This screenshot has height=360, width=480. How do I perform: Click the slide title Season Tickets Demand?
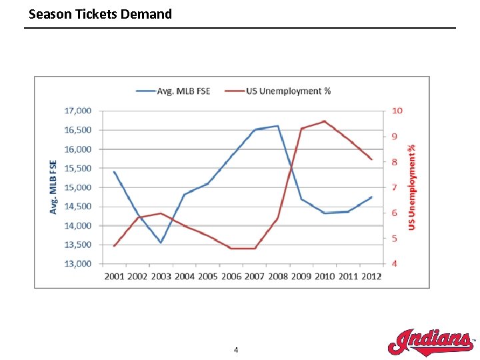click(x=100, y=14)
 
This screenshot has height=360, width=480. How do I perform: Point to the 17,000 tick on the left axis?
click(x=78, y=111)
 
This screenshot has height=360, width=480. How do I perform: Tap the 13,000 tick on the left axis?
click(x=78, y=263)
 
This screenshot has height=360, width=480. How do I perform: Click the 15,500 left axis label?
click(x=78, y=168)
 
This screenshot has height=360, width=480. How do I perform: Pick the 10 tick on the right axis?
click(x=396, y=111)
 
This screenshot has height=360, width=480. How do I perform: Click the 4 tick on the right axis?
click(x=394, y=263)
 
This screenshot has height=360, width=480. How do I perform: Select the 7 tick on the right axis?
click(x=394, y=187)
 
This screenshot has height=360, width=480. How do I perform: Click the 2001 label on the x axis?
click(x=114, y=276)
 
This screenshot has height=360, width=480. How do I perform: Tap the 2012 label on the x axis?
click(x=371, y=276)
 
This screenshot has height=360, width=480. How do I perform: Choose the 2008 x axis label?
click(x=277, y=276)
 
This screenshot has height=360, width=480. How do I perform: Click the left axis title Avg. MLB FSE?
click(x=53, y=187)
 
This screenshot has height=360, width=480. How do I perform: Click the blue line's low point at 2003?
click(x=161, y=243)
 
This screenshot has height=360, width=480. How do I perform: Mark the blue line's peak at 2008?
click(x=277, y=126)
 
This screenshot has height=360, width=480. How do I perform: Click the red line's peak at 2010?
click(x=324, y=121)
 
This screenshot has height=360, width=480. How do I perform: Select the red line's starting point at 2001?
click(x=114, y=246)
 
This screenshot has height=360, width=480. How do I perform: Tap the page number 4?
click(x=236, y=350)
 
